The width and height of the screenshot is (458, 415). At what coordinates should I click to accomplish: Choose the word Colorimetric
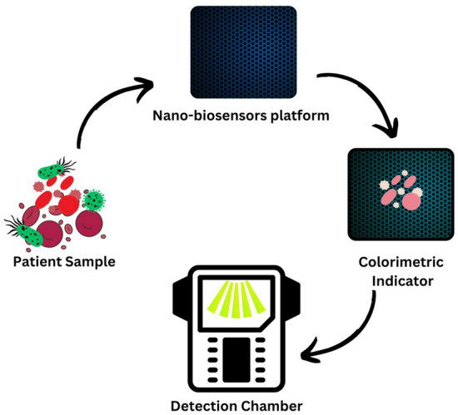401,263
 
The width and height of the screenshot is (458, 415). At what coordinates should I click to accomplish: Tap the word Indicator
401,281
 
